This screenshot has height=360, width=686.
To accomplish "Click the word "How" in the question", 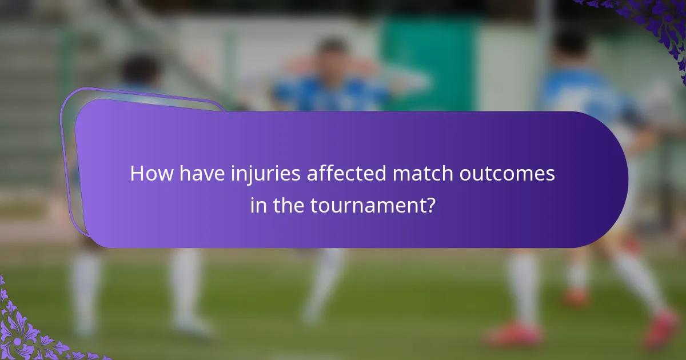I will [x=150, y=174].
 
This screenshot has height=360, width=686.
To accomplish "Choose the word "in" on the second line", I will [x=258, y=205].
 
